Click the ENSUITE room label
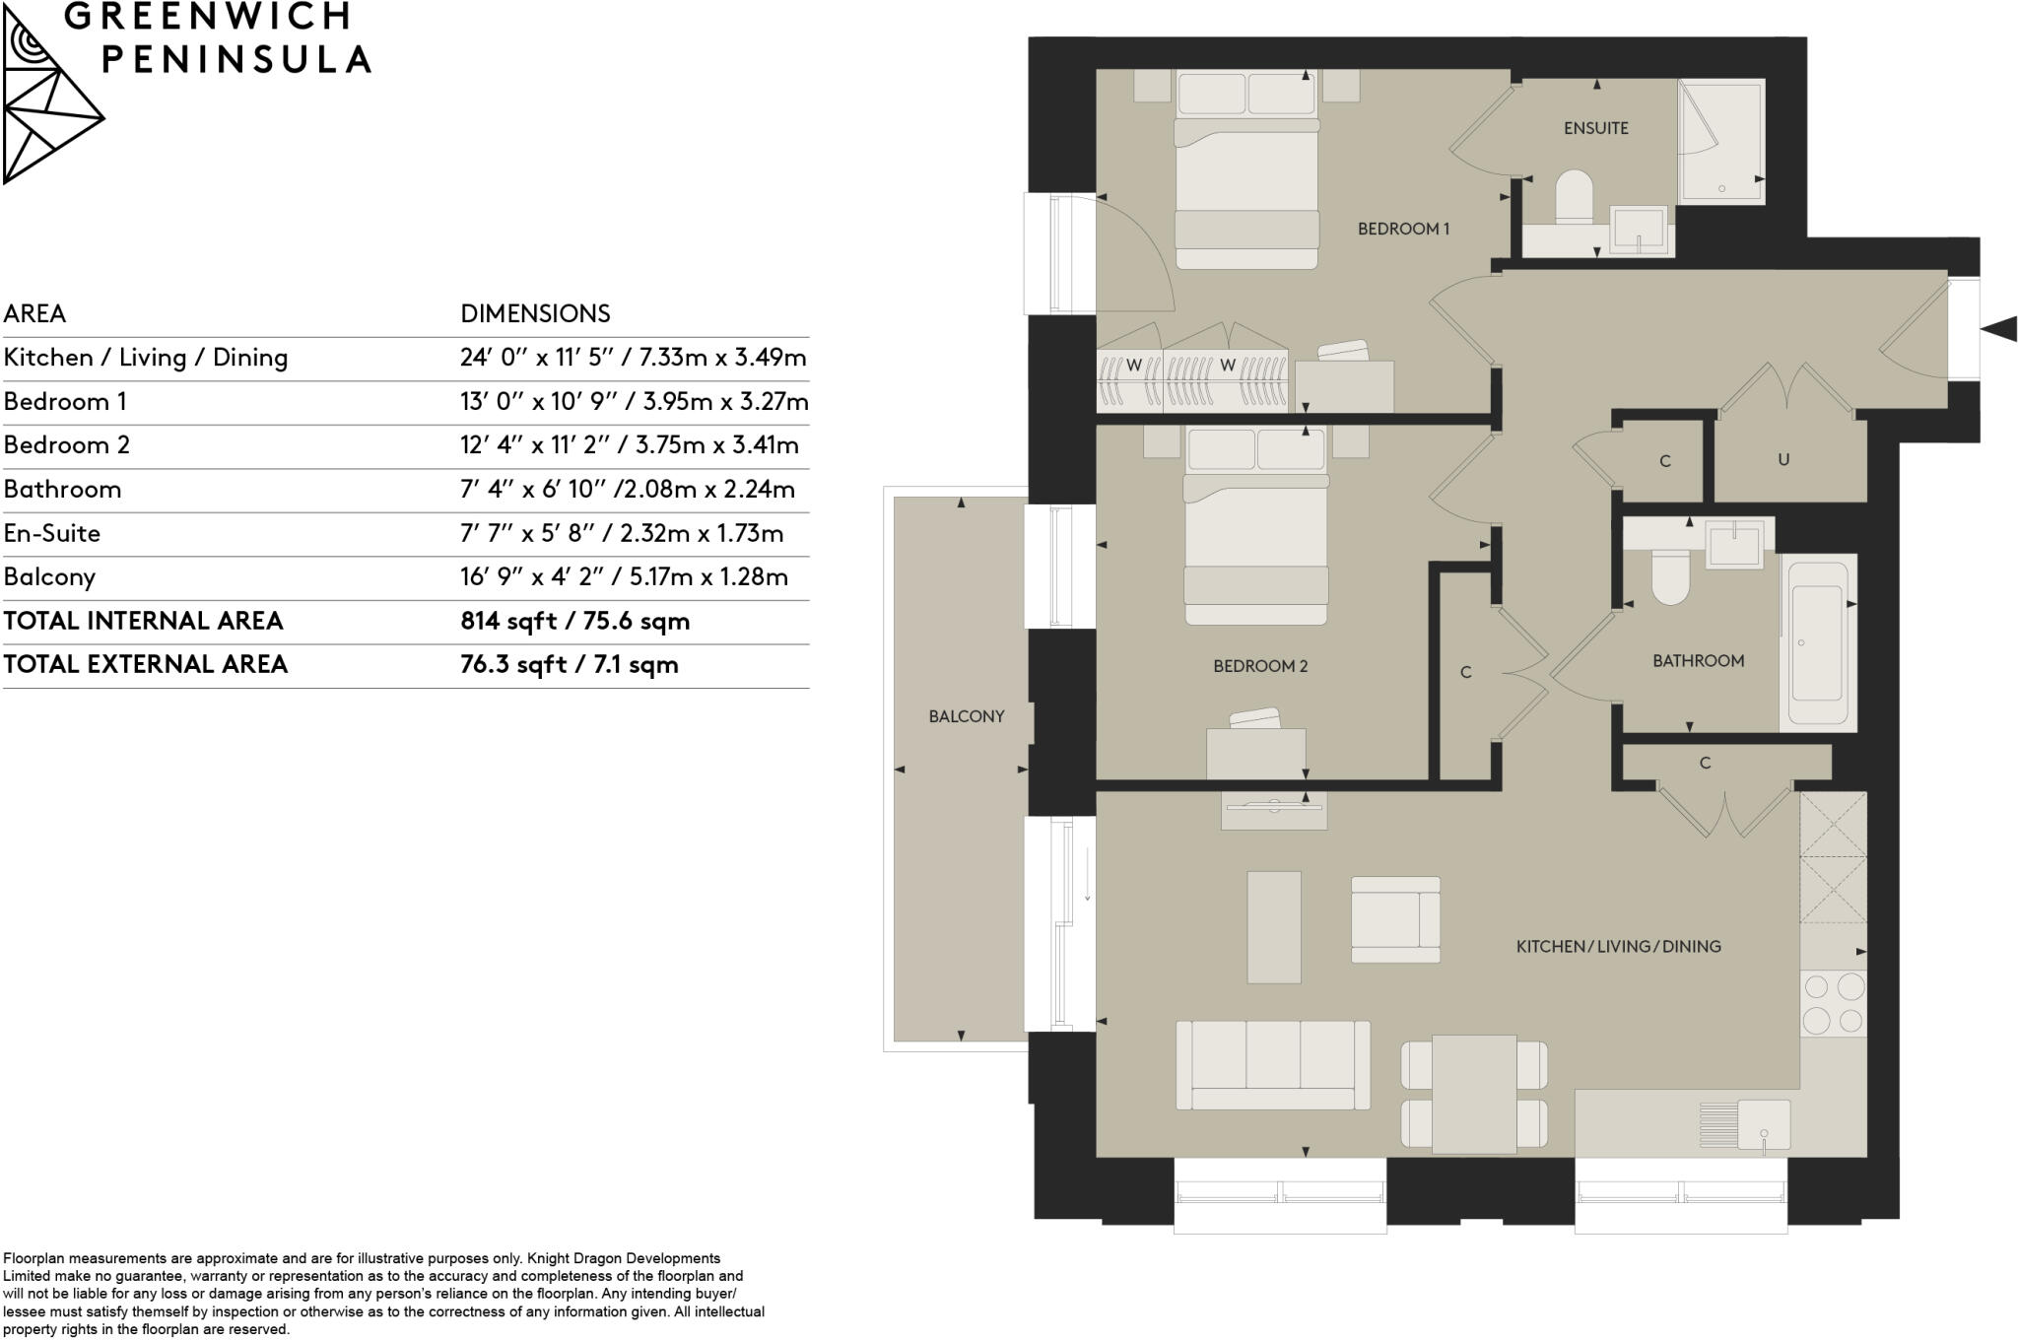pyautogui.click(x=1595, y=128)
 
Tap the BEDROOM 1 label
pyautogui.click(x=1403, y=229)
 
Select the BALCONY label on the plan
pyautogui.click(x=966, y=716)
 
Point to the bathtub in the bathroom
pyautogui.click(x=1817, y=642)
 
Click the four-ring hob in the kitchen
pyautogui.click(x=1833, y=1003)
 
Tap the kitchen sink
pyautogui.click(x=1763, y=1125)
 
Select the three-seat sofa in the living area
pyautogui.click(x=1272, y=1064)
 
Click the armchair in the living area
pyautogui.click(x=1394, y=919)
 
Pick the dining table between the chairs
pyautogui.click(x=1473, y=1094)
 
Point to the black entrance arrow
pyautogui.click(x=1997, y=329)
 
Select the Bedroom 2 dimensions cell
pyautogui.click(x=629, y=445)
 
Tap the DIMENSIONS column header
pyautogui.click(x=535, y=313)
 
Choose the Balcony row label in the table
pyautogui.click(x=49, y=577)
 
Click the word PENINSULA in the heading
pyautogui.click(x=236, y=60)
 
